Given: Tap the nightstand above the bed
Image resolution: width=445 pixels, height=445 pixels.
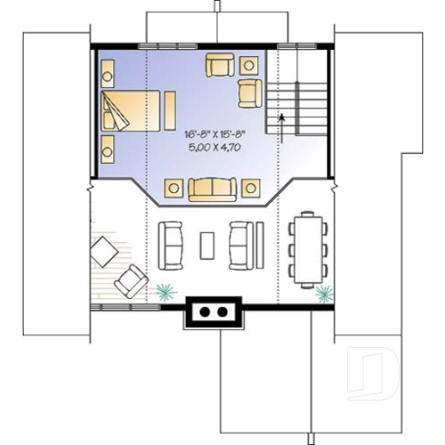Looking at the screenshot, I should [108, 68].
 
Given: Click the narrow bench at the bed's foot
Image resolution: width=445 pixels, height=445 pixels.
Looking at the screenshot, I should [169, 111].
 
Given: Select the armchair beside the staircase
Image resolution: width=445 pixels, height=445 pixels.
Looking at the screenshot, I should [249, 91].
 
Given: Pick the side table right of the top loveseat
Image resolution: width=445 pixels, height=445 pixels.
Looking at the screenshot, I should [248, 63].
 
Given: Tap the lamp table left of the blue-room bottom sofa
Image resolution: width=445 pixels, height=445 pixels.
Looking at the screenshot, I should [171, 189].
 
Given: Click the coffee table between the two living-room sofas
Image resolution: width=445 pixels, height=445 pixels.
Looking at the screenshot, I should [208, 246].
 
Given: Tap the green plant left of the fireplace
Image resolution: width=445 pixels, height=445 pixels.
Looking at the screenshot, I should [164, 292].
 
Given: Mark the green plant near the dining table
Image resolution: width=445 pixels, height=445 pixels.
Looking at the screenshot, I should [323, 292].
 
